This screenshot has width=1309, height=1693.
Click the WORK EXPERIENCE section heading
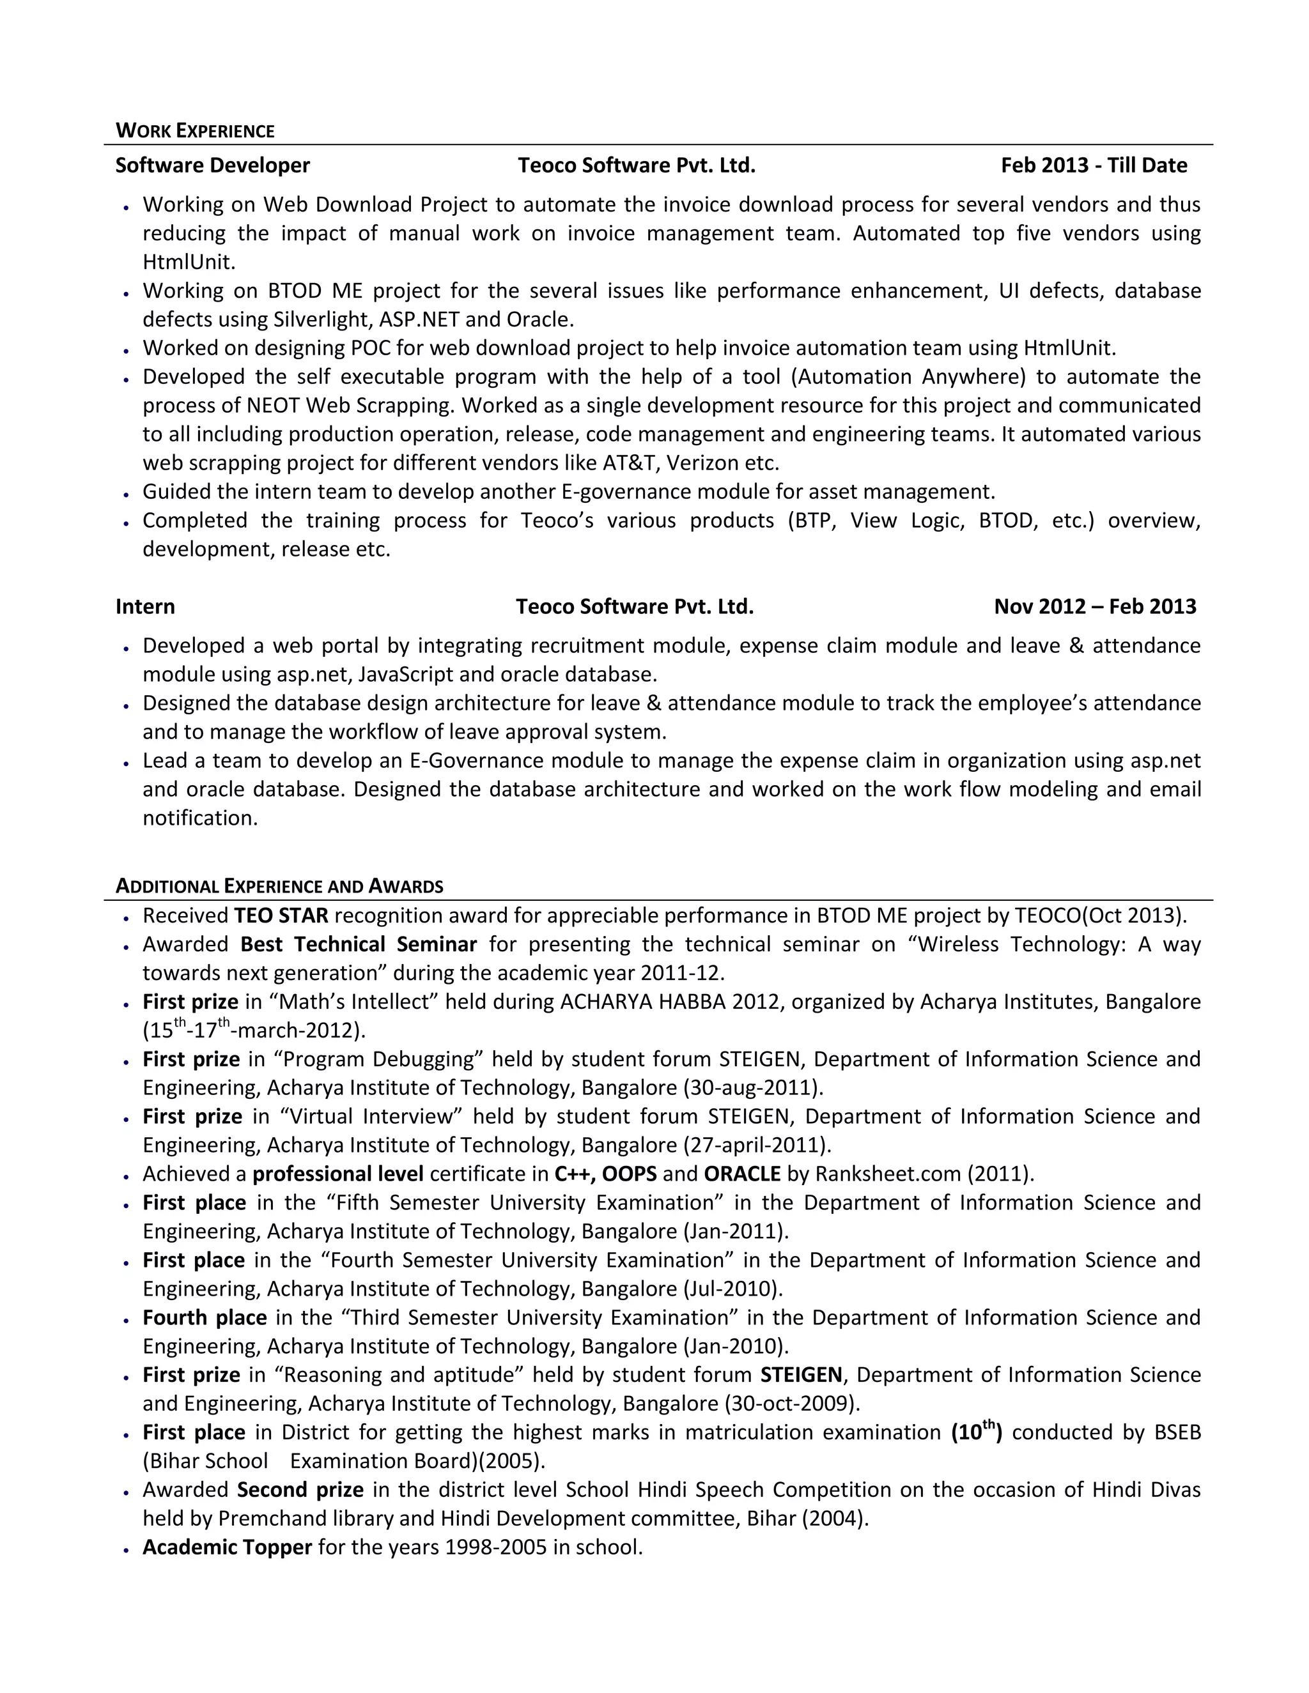[195, 130]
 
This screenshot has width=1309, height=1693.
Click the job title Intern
[145, 606]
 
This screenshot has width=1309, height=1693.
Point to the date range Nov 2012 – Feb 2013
[1095, 606]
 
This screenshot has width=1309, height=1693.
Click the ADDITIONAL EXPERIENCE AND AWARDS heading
[279, 886]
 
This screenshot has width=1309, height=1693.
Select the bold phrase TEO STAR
[281, 915]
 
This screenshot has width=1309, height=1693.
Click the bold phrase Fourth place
[205, 1318]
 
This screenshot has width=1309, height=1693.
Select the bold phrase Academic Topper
[227, 1547]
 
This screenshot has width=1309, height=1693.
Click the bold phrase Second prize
[300, 1490]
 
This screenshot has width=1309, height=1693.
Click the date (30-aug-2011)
[753, 1087]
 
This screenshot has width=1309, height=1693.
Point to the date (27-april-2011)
[757, 1145]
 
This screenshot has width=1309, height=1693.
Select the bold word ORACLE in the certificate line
[742, 1174]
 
